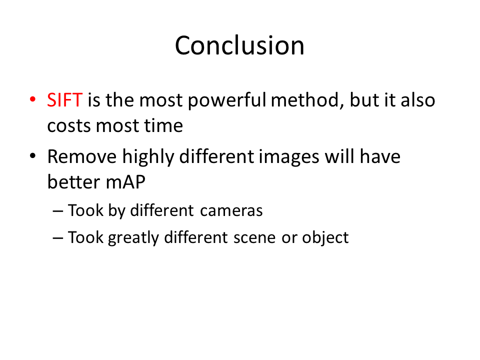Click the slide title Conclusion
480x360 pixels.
[239, 45]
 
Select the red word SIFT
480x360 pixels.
[64, 100]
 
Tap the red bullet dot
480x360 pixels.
[33, 99]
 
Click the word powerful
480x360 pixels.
[227, 100]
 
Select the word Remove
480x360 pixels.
[81, 156]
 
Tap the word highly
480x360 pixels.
[148, 157]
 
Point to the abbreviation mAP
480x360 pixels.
[125, 182]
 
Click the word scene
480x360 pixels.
[254, 238]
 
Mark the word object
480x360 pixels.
[325, 237]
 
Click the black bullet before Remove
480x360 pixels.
[33, 156]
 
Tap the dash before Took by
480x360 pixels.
[58, 211]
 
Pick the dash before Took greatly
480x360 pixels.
[58, 238]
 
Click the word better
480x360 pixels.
[74, 182]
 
